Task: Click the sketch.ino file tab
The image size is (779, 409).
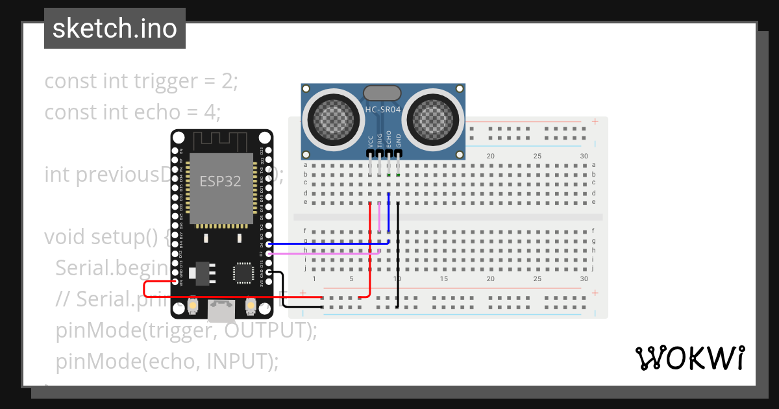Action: coord(115,29)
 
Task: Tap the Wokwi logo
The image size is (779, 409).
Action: coord(689,358)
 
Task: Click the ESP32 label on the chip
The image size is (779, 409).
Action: coord(220,181)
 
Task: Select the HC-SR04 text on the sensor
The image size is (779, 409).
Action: coord(382,110)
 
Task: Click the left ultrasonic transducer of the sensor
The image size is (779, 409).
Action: coord(334,118)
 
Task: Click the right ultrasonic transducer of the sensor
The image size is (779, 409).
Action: coord(432,118)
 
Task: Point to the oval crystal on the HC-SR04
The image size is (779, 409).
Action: coord(382,93)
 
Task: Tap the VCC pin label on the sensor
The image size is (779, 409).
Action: coord(371,140)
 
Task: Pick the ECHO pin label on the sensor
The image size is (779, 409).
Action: coord(389,139)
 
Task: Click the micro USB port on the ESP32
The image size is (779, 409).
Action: coord(222,313)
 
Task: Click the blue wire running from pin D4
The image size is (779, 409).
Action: coord(325,244)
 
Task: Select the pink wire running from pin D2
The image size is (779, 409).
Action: coord(325,253)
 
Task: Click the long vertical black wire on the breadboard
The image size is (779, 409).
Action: coord(398,260)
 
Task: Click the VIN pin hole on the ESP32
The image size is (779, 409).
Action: coord(175,282)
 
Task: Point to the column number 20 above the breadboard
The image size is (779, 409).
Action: coord(491,156)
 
